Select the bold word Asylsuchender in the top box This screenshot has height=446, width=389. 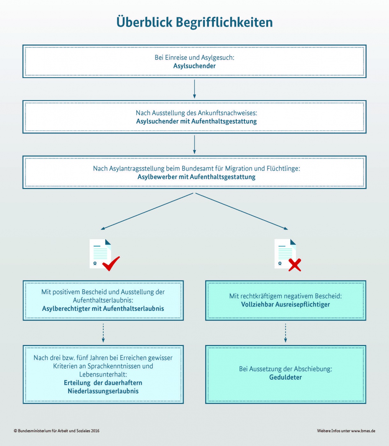194,66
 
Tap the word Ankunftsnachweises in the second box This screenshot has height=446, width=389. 227,113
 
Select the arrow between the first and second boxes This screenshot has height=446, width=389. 194,89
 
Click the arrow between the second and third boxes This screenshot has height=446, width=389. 194,144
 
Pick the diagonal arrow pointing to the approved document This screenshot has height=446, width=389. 147,211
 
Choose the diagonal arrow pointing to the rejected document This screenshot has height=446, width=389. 242,211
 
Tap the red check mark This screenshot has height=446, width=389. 111,263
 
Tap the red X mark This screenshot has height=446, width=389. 295,265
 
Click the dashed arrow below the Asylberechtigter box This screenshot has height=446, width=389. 103,333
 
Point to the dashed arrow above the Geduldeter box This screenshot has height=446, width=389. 285,333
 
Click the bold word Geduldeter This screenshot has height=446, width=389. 285,377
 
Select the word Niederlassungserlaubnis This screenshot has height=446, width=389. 103,391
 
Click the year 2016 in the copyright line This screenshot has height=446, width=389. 95,431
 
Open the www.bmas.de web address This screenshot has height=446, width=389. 363,431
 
